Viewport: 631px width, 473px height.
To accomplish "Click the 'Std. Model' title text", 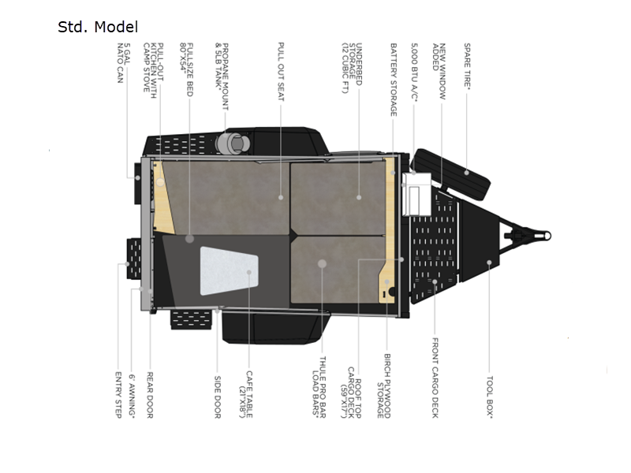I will (x=98, y=28).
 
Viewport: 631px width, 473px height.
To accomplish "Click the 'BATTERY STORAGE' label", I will (x=392, y=80).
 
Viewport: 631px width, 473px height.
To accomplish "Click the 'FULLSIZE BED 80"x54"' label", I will (x=185, y=69).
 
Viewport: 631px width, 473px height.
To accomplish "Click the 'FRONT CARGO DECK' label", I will (x=434, y=378).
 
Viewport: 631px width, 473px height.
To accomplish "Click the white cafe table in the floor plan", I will (x=229, y=270).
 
